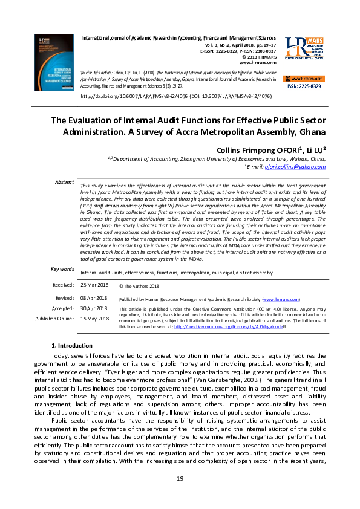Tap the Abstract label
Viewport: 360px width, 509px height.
(64, 182)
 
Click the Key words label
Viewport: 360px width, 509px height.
(63, 269)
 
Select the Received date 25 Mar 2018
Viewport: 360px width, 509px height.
(94, 285)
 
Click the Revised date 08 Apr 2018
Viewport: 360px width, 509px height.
(94, 298)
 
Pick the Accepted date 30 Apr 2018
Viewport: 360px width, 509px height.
(94, 308)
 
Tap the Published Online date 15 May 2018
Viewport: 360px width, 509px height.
(94, 319)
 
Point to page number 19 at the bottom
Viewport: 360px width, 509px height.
(180, 479)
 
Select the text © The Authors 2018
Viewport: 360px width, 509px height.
(139, 286)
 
